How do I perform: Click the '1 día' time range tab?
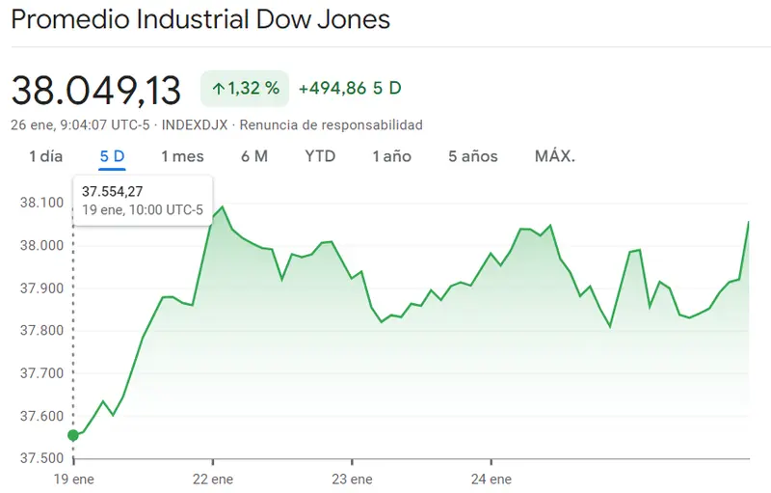[x=45, y=156]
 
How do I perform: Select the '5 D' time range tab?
[x=112, y=156]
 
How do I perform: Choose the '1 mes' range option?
[x=182, y=156]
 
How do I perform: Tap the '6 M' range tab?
[x=254, y=156]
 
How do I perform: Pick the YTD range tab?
[x=320, y=156]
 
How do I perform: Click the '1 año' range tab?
[x=392, y=156]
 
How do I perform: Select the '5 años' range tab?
[x=472, y=156]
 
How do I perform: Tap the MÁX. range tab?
[x=554, y=156]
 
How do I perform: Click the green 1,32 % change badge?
[x=245, y=89]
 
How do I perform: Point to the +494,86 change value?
[x=332, y=89]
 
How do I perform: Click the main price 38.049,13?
[x=96, y=91]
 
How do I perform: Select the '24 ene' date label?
[x=490, y=479]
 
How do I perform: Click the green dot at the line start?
[x=73, y=435]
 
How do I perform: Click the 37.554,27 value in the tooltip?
[x=113, y=192]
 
